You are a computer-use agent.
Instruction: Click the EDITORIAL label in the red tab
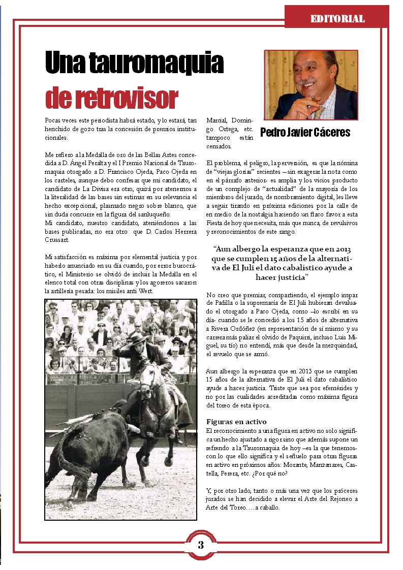click(337, 19)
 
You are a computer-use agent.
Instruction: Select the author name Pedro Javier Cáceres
click(305, 133)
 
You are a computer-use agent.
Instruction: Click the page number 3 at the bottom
click(201, 545)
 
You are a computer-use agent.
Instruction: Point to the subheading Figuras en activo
click(236, 422)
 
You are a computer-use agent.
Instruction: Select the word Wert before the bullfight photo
click(145, 291)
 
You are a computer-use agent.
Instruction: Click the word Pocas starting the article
click(53, 120)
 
